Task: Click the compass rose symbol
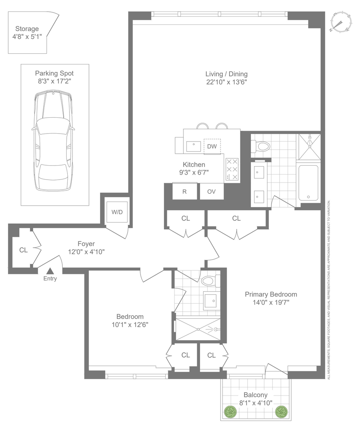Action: (341, 22)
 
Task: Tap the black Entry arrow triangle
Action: (50, 271)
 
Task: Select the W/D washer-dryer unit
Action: (117, 212)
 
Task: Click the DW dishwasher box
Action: (212, 147)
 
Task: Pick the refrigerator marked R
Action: (185, 191)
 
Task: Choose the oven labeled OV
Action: (212, 192)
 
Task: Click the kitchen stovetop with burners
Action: (232, 170)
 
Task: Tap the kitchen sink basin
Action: (194, 147)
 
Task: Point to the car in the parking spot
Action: (53, 140)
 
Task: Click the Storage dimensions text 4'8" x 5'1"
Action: (27, 37)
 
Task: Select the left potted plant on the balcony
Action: (231, 412)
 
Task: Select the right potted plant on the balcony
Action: (281, 412)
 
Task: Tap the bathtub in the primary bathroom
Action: (308, 183)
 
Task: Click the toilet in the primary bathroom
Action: (261, 146)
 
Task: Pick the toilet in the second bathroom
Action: (211, 281)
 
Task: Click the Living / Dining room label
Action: (226, 74)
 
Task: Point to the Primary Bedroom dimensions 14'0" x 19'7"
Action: (271, 302)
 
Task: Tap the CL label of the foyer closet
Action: (23, 250)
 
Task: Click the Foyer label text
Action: (86, 244)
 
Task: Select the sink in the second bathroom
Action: (210, 301)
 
